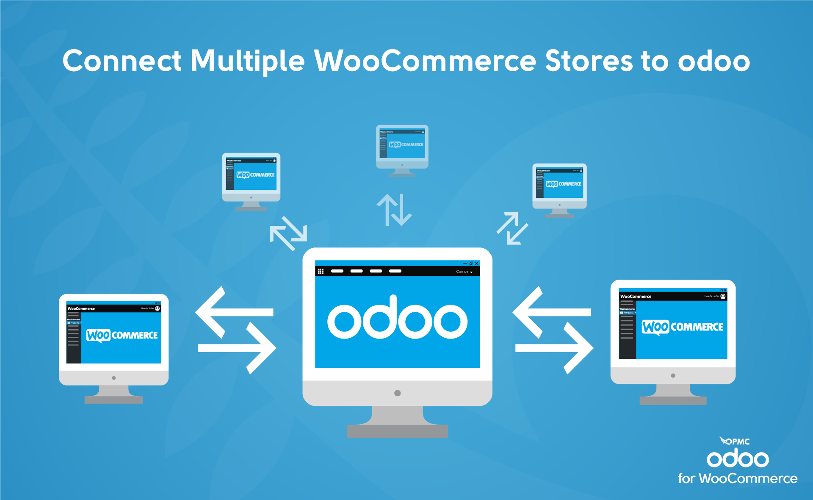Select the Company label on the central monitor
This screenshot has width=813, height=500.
click(x=464, y=272)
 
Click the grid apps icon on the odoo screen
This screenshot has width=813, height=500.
click(x=321, y=271)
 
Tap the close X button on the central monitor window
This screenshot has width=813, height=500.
click(x=476, y=263)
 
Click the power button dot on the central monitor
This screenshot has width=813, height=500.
click(x=397, y=393)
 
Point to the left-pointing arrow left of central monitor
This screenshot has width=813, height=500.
click(x=233, y=312)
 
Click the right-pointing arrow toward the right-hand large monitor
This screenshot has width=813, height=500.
click(x=555, y=348)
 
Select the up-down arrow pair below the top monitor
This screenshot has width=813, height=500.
click(x=394, y=210)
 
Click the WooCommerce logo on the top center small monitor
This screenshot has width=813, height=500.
click(x=406, y=144)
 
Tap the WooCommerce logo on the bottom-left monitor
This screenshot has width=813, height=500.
click(x=122, y=335)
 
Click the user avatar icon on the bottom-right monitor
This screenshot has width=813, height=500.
click(x=723, y=296)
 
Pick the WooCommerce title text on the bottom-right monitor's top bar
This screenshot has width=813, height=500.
click(x=636, y=296)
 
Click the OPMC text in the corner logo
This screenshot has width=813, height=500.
click(x=738, y=442)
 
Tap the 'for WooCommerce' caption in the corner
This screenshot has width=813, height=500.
click(x=738, y=478)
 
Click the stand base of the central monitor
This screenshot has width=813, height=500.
click(x=397, y=431)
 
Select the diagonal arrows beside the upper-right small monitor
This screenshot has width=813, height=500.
click(x=512, y=228)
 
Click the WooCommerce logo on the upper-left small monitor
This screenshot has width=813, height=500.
click(x=255, y=175)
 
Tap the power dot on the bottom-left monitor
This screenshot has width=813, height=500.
click(x=113, y=378)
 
